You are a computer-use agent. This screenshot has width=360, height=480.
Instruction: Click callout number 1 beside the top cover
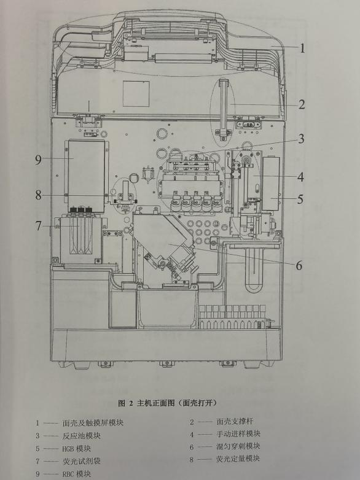pyautogui.click(x=302, y=48)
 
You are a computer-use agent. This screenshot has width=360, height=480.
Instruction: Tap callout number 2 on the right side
pyautogui.click(x=302, y=105)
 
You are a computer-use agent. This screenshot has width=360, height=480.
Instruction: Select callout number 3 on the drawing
pyautogui.click(x=302, y=139)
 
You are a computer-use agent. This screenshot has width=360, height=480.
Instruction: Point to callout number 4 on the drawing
pyautogui.click(x=301, y=177)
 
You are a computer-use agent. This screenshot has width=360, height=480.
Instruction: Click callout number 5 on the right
pyautogui.click(x=300, y=199)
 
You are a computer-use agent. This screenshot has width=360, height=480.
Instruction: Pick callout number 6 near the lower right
pyautogui.click(x=299, y=265)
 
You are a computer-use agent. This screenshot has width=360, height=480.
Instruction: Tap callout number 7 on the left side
pyautogui.click(x=38, y=226)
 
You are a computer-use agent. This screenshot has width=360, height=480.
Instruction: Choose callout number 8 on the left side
pyautogui.click(x=38, y=195)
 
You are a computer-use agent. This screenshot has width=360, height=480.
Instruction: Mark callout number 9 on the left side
pyautogui.click(x=38, y=160)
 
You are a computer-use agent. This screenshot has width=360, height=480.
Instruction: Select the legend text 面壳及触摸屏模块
pyautogui.click(x=93, y=423)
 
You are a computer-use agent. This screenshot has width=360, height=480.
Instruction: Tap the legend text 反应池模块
pyautogui.click(x=82, y=436)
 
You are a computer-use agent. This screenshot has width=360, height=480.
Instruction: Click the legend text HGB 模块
pyautogui.click(x=77, y=449)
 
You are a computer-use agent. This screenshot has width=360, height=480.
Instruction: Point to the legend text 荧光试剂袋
pyautogui.click(x=82, y=461)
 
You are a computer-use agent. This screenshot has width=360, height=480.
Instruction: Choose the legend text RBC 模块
pyautogui.click(x=77, y=474)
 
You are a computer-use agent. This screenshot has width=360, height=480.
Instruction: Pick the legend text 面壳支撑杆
pyautogui.click(x=235, y=421)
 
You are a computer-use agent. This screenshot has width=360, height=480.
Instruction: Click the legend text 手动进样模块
pyautogui.click(x=238, y=434)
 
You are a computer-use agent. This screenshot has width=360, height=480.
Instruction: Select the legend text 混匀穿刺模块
pyautogui.click(x=238, y=446)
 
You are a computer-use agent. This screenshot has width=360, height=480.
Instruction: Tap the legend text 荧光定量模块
pyautogui.click(x=238, y=459)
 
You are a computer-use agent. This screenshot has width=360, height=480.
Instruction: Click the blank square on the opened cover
pyautogui.click(x=136, y=94)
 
